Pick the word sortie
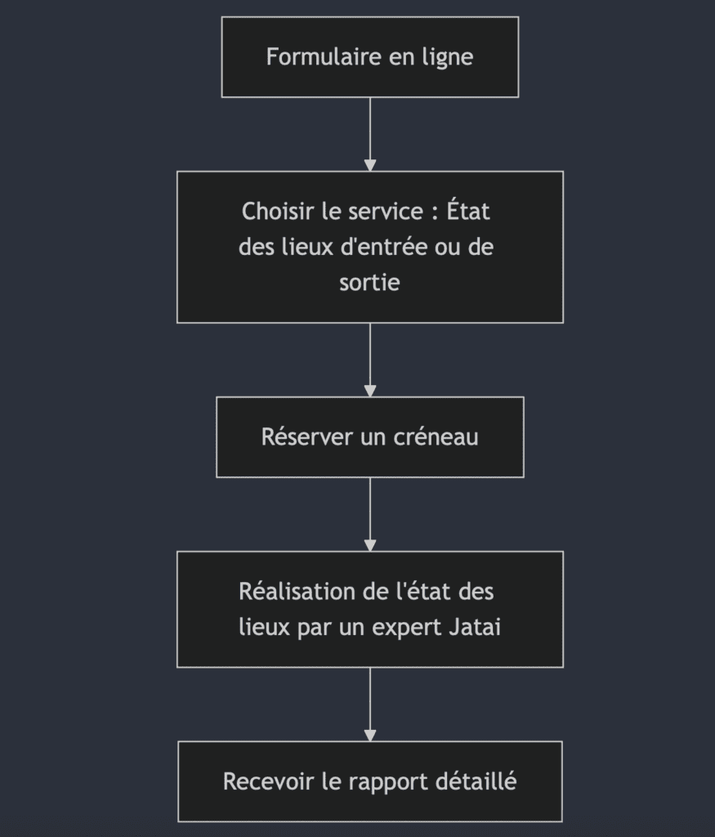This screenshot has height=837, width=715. pos(369,283)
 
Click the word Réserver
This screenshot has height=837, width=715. pos(307,436)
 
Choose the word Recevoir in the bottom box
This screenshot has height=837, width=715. pos(269,781)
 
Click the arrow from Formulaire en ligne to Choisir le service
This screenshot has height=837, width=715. pos(370,134)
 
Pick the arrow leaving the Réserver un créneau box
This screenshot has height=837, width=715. pos(370,514)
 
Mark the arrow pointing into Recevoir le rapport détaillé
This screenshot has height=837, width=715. pos(370,704)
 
